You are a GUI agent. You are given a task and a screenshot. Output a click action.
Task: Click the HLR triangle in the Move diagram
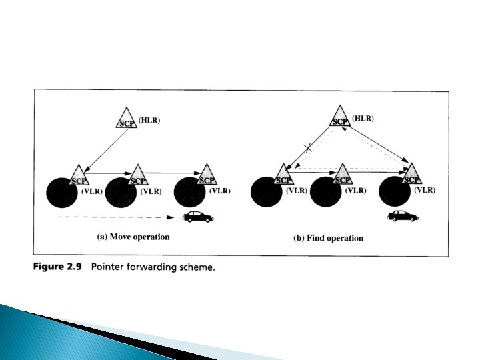[126, 121]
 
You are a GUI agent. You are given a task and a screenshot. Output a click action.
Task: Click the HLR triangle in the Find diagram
[340, 119]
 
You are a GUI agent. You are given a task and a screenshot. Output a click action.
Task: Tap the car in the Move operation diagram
[198, 217]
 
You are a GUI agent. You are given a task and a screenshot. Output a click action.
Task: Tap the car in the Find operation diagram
[403, 215]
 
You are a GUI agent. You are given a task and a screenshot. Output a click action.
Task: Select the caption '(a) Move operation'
[133, 237]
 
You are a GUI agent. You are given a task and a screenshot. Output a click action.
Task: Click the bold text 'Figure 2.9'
[58, 268]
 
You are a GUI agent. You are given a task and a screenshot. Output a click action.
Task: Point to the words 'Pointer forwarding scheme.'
[153, 268]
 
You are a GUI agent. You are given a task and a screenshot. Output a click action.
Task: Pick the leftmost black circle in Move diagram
[63, 192]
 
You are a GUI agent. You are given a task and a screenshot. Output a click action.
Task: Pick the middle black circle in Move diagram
[122, 192]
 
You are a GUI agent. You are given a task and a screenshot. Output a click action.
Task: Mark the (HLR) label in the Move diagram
[150, 120]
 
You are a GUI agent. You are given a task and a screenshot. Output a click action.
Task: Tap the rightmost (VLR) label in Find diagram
[425, 190]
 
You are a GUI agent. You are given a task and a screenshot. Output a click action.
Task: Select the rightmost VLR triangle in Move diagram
[207, 176]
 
